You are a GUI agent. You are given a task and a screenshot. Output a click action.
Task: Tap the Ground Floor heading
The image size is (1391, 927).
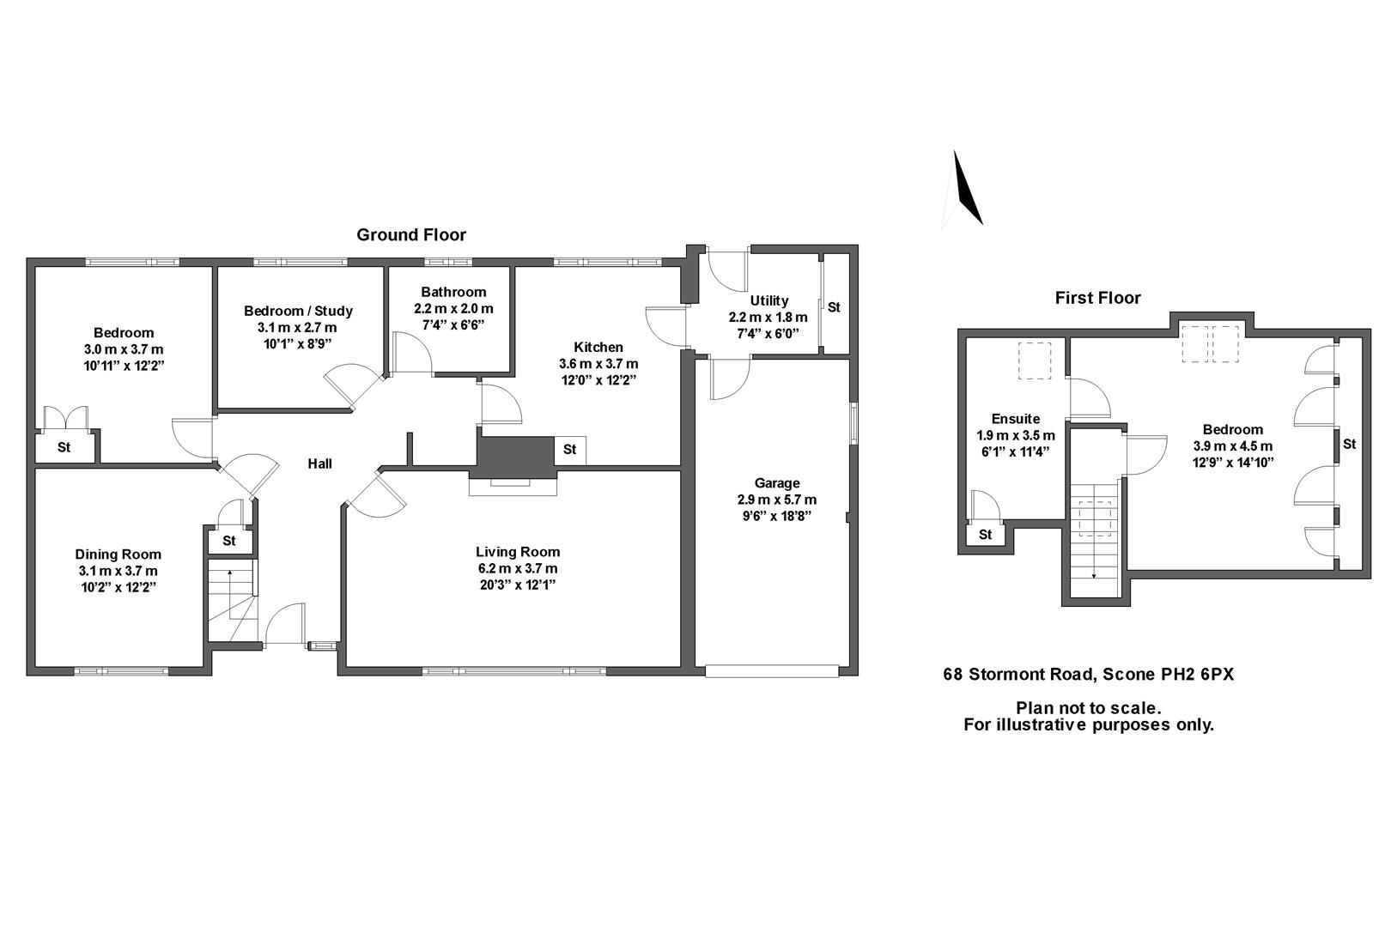[411, 235]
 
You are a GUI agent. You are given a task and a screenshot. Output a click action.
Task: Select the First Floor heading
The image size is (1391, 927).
[1097, 298]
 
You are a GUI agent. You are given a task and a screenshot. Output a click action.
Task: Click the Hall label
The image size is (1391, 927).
[320, 463]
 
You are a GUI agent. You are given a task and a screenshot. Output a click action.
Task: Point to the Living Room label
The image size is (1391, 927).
[518, 552]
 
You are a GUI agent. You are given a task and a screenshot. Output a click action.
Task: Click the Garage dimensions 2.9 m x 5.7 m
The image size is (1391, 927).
[776, 500]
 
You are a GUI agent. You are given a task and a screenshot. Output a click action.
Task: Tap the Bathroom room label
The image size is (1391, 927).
[453, 292]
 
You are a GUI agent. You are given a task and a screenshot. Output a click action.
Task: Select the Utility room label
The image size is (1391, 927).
[768, 300]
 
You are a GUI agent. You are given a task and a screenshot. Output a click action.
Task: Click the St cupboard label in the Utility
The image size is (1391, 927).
[834, 306]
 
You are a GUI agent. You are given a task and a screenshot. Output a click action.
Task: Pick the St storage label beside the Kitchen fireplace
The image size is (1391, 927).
[570, 450]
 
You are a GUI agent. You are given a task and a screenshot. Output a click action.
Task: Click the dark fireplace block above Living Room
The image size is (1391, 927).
[515, 452]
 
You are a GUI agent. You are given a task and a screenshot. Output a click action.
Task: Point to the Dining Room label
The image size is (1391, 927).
[118, 554]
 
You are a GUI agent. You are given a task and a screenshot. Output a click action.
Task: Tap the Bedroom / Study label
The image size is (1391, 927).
[298, 311]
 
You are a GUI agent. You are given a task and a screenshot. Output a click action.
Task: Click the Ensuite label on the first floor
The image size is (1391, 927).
[1016, 419]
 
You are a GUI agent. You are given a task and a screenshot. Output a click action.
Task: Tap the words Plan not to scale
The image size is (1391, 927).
[1088, 708]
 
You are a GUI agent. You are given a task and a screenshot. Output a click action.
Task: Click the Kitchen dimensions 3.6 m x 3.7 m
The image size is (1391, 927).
[598, 364]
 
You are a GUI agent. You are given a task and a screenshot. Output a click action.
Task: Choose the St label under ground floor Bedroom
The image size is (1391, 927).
[64, 447]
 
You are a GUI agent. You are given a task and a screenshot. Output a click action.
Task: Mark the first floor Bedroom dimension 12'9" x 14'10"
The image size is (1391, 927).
[1233, 462]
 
